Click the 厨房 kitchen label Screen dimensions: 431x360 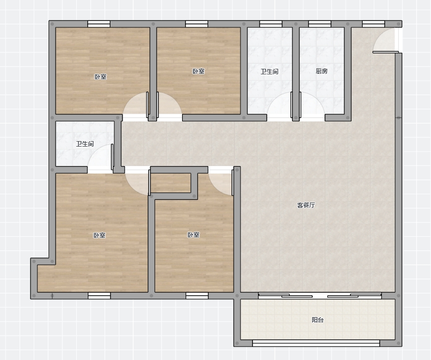point(322,71)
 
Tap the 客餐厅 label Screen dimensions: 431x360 point(306,205)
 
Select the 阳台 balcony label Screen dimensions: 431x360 point(317,320)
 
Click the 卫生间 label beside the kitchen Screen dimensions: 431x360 point(269,72)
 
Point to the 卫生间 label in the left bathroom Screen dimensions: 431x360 point(85,144)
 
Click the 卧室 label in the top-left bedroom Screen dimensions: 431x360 point(100,77)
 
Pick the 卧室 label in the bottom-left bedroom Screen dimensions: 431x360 point(99,235)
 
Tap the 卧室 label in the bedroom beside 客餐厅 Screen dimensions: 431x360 point(193,235)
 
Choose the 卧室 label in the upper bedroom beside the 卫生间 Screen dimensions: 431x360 point(198,71)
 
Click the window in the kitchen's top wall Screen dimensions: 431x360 point(320,24)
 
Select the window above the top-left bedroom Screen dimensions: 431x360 point(99,24)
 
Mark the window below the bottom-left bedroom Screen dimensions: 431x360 point(99,296)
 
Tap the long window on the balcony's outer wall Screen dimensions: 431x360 point(316,343)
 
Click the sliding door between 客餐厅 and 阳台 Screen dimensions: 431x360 point(320,296)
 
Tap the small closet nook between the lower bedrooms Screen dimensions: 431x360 point(171,183)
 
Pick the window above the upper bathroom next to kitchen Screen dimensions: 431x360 point(271,24)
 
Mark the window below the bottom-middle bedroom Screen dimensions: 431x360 point(197,296)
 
